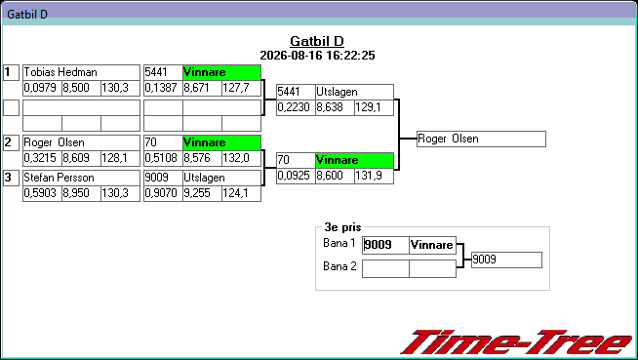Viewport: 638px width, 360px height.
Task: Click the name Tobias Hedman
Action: click(x=60, y=72)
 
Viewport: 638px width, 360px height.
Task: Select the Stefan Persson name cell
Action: click(x=81, y=178)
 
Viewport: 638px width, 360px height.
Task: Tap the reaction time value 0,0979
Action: click(x=40, y=88)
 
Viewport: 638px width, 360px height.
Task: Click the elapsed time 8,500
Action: click(x=76, y=88)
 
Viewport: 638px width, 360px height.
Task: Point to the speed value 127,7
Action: click(x=235, y=88)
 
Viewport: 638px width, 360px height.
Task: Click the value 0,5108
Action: click(x=161, y=158)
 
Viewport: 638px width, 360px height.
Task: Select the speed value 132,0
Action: click(x=235, y=158)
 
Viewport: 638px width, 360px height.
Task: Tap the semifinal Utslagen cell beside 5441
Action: click(x=354, y=92)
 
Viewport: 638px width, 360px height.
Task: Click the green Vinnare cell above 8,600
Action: click(x=354, y=160)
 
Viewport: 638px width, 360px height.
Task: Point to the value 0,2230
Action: click(x=294, y=107)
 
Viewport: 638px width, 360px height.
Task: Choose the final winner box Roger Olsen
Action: click(x=481, y=140)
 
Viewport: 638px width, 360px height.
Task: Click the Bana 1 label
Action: click(x=339, y=243)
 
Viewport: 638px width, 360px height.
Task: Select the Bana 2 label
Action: click(x=339, y=266)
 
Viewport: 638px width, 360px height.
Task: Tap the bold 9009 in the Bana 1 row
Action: click(x=378, y=245)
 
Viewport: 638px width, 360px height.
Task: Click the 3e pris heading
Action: click(x=342, y=227)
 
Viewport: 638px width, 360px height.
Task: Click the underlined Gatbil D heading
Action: click(x=317, y=41)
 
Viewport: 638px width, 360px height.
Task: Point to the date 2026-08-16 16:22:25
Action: click(x=317, y=56)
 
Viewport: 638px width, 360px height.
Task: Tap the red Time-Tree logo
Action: click(x=516, y=342)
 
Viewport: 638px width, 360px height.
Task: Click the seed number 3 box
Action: click(x=11, y=178)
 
